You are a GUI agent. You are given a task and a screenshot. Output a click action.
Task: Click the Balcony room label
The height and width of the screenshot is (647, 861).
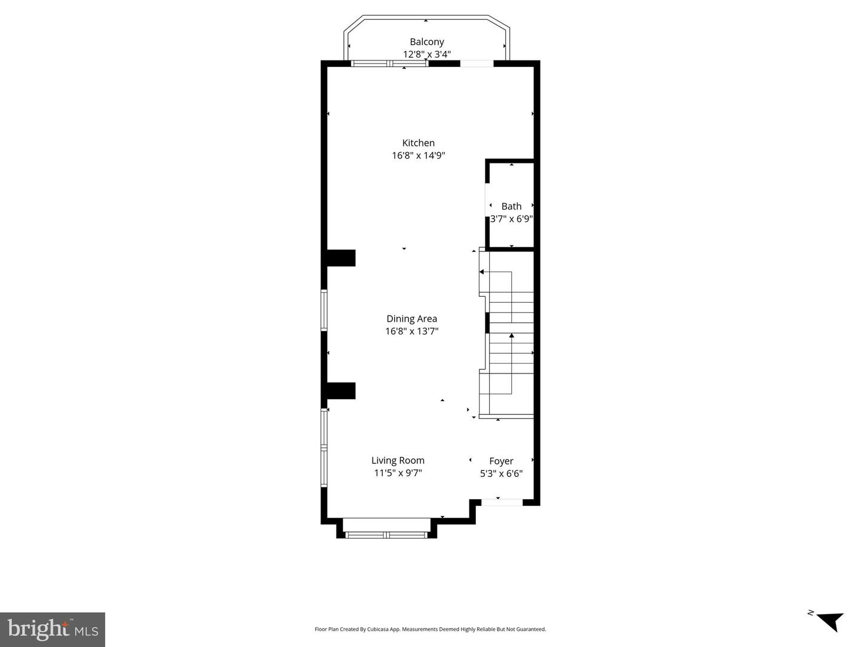point(427,42)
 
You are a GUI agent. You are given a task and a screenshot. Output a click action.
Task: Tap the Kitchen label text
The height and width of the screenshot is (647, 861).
point(418,143)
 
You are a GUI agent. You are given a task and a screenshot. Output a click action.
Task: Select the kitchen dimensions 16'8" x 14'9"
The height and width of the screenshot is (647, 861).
point(418,156)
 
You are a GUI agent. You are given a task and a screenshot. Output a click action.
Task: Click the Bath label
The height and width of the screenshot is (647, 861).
point(511,206)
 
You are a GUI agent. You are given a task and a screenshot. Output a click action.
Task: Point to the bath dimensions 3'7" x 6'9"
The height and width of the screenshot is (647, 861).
point(511,218)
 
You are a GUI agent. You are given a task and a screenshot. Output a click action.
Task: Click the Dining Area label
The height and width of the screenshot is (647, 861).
point(411,319)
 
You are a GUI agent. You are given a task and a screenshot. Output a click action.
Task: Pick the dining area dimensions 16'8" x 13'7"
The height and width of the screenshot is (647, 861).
point(411,332)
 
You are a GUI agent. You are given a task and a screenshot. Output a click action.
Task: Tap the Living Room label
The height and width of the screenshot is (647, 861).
point(398,460)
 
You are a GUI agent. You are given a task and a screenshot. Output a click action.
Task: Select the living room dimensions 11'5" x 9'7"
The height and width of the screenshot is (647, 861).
point(398,473)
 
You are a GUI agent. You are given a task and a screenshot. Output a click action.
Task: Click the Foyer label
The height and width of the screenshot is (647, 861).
point(501,461)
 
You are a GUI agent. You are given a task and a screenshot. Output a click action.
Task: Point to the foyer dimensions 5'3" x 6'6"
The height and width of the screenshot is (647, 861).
point(501,474)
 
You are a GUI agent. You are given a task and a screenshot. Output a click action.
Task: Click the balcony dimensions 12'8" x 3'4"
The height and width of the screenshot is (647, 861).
point(427,54)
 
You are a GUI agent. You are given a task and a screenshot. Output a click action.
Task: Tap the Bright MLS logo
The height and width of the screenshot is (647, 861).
point(53,630)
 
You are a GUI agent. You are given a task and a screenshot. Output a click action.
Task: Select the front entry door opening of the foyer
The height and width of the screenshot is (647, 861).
point(502,502)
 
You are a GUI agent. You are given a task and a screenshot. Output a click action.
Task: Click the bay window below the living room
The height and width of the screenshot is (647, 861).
point(386,534)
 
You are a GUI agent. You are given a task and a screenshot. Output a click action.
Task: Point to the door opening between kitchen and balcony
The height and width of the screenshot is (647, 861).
point(477,63)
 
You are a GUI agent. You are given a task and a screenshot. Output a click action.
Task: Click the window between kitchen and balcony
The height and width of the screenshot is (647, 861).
point(389,63)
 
